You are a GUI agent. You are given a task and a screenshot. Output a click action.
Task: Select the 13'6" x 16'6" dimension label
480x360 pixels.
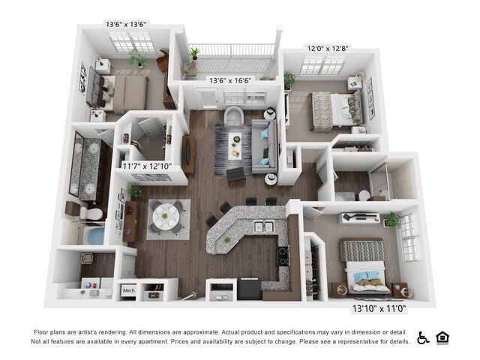point(230,80)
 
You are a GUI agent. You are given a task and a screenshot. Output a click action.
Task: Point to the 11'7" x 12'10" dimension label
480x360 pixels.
point(148,166)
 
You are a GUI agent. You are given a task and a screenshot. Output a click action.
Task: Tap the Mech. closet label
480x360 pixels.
point(128,289)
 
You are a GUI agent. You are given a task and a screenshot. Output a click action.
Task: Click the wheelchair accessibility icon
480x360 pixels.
point(423,337)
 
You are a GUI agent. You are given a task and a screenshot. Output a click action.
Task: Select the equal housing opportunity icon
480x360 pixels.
point(443,337)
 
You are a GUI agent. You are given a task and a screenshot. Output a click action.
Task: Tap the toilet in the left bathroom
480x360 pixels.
point(91,214)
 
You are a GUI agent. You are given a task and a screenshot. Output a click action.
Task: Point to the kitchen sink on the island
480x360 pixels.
point(262,226)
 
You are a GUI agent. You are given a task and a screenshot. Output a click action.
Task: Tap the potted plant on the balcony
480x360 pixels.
point(195,52)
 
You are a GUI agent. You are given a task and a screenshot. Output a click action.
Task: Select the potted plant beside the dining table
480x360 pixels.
point(136,191)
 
